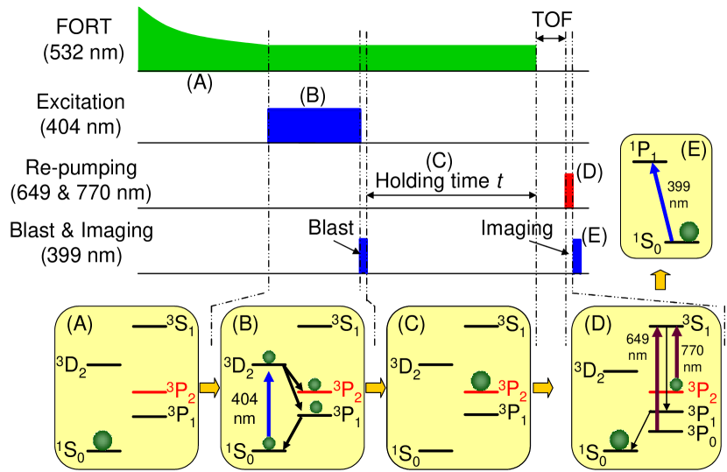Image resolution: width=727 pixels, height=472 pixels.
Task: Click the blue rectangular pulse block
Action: point(314,124)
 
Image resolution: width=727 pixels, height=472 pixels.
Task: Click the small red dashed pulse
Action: point(568,190)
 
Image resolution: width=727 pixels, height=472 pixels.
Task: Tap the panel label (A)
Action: point(80,324)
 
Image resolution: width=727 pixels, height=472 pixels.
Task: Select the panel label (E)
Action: point(691,149)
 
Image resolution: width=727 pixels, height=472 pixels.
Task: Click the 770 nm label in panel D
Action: point(692,356)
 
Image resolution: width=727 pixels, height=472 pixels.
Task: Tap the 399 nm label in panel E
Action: point(679,194)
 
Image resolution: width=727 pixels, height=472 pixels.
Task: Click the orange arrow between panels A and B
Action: point(209,386)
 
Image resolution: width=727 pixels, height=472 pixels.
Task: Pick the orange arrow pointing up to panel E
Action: point(660,279)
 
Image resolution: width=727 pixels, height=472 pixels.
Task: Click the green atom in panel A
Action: point(103,440)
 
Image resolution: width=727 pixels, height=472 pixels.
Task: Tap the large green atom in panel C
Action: point(480,381)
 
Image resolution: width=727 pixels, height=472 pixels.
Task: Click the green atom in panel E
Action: point(689,231)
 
